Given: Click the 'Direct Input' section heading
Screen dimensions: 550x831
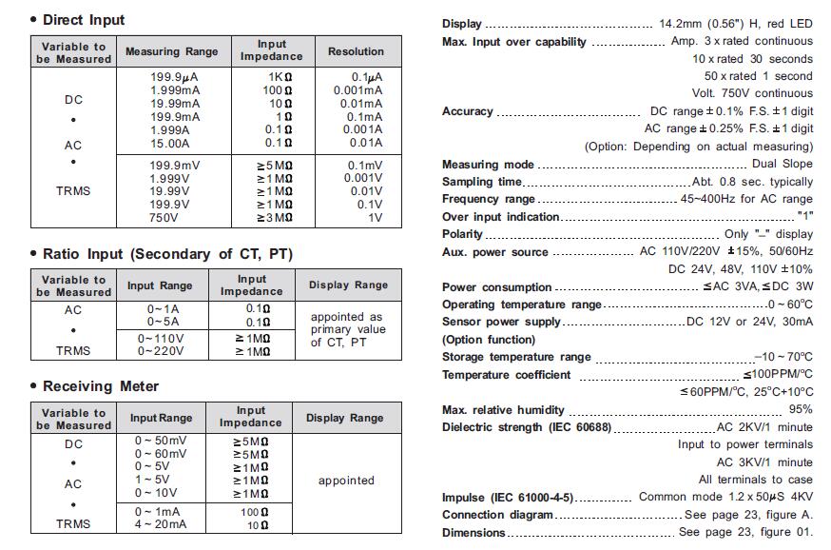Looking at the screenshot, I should [x=84, y=20].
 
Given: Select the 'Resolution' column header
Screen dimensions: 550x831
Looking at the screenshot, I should [x=356, y=51].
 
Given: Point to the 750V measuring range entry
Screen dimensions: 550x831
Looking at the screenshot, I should [x=164, y=217].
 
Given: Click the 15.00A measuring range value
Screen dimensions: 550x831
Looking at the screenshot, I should [x=170, y=143].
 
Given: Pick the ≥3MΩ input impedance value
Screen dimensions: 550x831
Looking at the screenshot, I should [x=274, y=217].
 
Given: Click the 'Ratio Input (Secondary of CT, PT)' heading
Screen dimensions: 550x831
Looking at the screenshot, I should [x=167, y=254].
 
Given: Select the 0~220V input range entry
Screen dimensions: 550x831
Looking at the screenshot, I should [x=161, y=351].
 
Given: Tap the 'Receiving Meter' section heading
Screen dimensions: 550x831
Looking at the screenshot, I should [x=101, y=386].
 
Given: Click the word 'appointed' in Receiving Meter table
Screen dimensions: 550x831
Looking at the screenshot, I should [x=346, y=481].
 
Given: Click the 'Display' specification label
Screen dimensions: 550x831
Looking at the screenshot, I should [x=462, y=24].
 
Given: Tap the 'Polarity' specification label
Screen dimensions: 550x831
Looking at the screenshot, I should [x=463, y=234].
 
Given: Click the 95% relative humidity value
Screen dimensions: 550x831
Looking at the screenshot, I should [x=800, y=409].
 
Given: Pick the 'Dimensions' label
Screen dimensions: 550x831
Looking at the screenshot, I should [x=473, y=532].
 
